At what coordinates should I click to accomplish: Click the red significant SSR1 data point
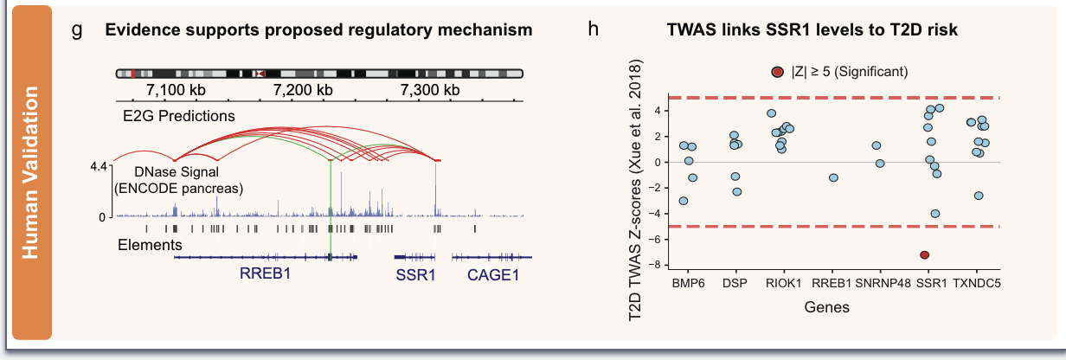click(925, 255)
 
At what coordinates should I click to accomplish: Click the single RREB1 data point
click(833, 177)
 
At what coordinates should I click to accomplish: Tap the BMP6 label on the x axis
click(687, 282)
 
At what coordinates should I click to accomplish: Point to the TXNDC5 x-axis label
click(979, 282)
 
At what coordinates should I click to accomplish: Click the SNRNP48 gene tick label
click(881, 282)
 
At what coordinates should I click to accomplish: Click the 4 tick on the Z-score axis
click(658, 111)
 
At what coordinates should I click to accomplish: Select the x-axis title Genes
click(826, 306)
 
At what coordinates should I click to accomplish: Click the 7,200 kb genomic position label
click(302, 89)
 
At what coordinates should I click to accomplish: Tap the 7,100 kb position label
click(177, 89)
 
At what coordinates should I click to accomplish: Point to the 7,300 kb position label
click(430, 89)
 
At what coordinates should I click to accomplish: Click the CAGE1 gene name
click(493, 275)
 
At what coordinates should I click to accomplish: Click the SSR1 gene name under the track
click(416, 275)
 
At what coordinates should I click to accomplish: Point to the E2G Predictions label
click(181, 115)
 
